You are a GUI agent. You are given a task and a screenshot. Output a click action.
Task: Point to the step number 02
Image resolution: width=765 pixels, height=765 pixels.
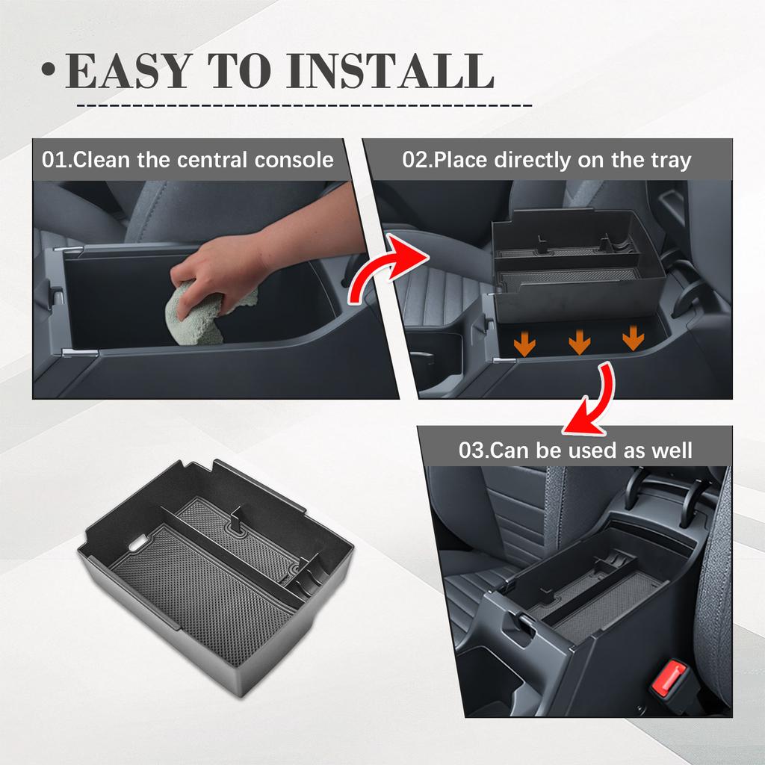[417, 160]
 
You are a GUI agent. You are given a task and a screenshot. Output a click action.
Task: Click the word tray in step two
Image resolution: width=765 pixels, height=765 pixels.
[669, 160]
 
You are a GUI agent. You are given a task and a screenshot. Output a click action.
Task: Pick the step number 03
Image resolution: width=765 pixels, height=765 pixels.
[474, 450]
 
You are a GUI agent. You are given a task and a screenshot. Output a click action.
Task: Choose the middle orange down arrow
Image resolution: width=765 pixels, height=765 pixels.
[580, 342]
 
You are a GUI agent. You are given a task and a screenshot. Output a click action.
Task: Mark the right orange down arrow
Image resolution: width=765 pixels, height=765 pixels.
[633, 338]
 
